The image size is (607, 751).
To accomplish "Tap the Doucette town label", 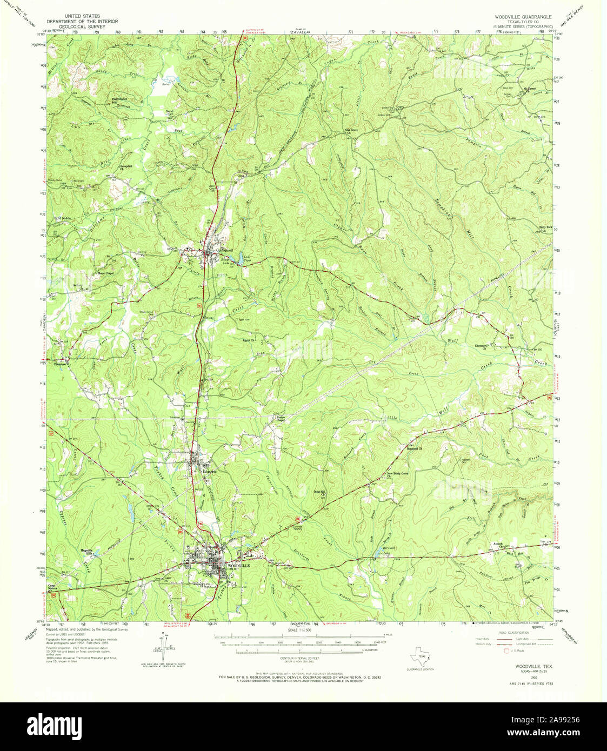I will tap(209, 471).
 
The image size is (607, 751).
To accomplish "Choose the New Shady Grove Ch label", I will tap(397, 474).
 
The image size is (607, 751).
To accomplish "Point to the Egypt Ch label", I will tap(249, 340).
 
